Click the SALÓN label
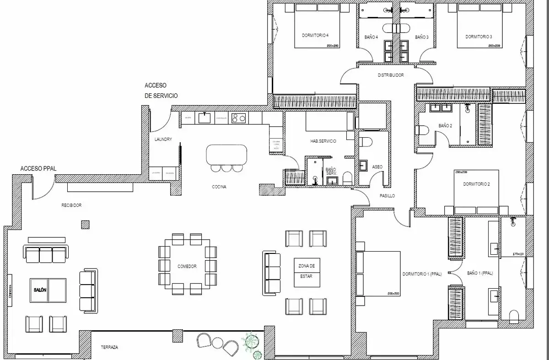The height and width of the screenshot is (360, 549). [40, 290]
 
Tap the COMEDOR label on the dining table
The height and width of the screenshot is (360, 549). [187, 266]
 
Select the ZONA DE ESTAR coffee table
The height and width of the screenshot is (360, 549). [307, 272]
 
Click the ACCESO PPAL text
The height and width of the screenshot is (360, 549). [38, 169]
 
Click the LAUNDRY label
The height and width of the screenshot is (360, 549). [163, 139]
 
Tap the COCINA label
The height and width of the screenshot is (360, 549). [219, 187]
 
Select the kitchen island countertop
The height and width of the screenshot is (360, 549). [226, 154]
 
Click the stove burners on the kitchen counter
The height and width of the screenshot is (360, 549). [238, 118]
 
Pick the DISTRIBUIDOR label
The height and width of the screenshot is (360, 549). [390, 75]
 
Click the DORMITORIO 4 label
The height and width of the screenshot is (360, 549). [315, 35]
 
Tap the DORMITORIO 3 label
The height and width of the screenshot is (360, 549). [479, 37]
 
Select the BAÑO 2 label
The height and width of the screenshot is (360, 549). [445, 125]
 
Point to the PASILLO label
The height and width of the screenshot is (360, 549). [387, 196]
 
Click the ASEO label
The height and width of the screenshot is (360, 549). [378, 167]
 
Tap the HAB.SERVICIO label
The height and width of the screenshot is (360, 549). [323, 141]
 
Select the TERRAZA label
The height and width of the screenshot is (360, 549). [109, 348]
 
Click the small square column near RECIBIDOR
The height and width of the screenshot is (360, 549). [85, 224]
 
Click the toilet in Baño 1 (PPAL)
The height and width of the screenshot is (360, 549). [514, 316]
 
